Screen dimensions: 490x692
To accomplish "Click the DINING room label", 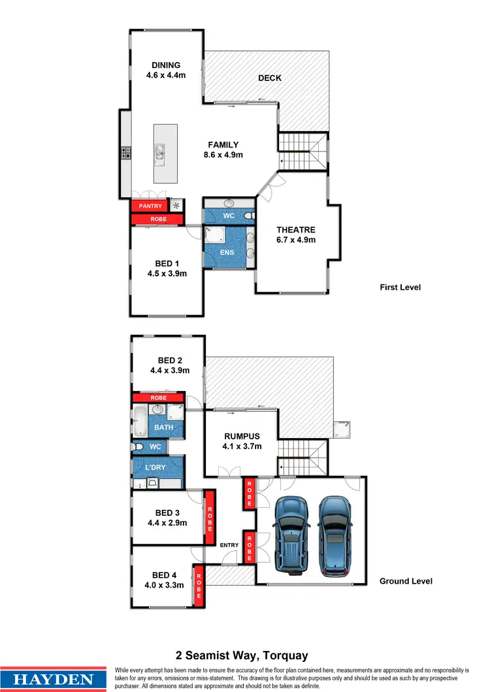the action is click(x=166, y=65).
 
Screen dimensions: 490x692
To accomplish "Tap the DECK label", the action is click(x=269, y=78).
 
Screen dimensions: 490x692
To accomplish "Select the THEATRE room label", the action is click(x=296, y=230).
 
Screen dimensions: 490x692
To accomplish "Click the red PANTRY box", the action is click(x=150, y=206).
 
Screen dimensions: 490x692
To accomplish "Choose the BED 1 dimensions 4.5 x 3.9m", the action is click(x=167, y=274).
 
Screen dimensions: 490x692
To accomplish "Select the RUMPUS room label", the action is click(x=242, y=437).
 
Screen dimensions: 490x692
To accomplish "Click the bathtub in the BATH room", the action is click(x=140, y=421).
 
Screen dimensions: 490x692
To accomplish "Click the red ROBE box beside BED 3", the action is click(x=209, y=516).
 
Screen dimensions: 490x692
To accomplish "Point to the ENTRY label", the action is click(x=229, y=545).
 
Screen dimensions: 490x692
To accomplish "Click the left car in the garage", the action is click(x=287, y=533).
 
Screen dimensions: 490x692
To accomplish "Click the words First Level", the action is click(x=400, y=287).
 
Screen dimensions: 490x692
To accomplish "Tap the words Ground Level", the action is click(x=406, y=581).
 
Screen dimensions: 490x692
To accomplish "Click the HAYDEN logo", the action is click(x=54, y=678).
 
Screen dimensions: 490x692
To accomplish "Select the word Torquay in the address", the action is click(x=286, y=655).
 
